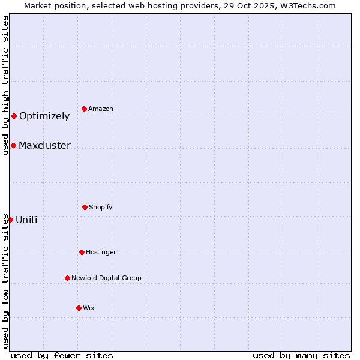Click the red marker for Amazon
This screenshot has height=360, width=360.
(84, 109)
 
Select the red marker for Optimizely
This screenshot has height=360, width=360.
(14, 116)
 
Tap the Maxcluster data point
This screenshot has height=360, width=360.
(13, 145)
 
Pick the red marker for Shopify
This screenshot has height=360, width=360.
(85, 207)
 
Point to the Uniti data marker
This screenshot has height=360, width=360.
(10, 220)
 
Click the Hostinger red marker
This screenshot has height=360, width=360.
(82, 252)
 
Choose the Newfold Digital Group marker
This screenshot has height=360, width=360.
(67, 278)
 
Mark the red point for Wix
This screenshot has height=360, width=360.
(79, 308)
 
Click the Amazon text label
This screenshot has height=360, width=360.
(101, 109)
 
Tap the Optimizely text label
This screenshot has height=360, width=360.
(44, 116)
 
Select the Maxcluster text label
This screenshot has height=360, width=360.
(44, 145)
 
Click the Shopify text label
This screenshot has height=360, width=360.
(101, 207)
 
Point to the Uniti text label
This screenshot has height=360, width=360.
(26, 220)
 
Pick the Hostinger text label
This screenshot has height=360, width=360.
(101, 252)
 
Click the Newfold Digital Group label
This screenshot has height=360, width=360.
(106, 278)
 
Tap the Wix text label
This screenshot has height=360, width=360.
(89, 308)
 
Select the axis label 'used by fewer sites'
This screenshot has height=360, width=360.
(62, 355)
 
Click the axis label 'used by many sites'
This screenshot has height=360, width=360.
(301, 355)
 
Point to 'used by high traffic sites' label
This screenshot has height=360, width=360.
(5, 85)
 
